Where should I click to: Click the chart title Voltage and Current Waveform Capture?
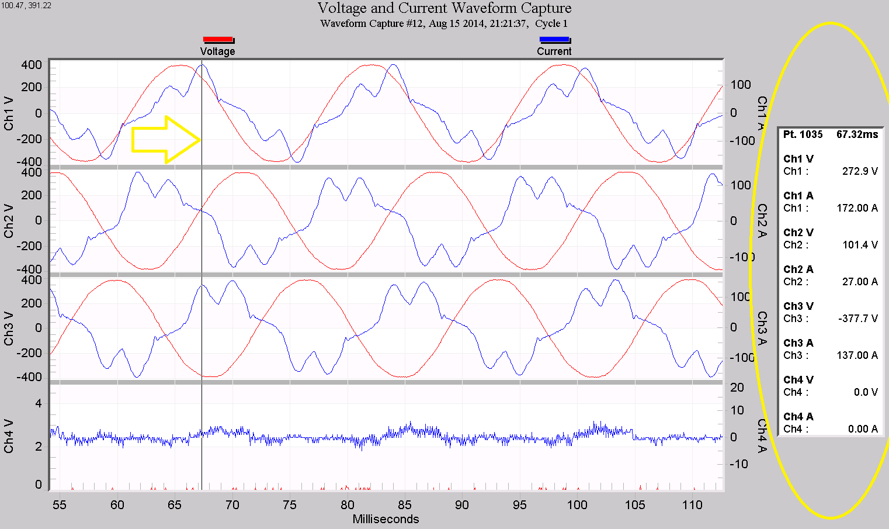[x=444, y=8]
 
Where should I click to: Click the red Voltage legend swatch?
[x=218, y=40]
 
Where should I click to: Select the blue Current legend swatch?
[x=554, y=40]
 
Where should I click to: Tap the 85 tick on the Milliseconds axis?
[x=404, y=505]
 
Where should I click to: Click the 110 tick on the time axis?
[x=692, y=505]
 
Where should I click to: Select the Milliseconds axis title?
[x=386, y=519]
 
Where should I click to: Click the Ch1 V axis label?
[x=9, y=113]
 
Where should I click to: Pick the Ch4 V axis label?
[x=9, y=436]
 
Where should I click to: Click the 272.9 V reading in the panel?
[x=860, y=171]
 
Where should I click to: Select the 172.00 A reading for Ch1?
[x=857, y=208]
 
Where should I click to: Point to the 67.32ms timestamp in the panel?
[x=857, y=134]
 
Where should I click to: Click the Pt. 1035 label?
[x=803, y=134]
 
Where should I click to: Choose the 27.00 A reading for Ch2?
[x=860, y=282]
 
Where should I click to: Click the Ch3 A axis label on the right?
[x=762, y=328]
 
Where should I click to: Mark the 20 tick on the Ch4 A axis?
[x=737, y=388]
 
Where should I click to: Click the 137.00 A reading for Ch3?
[x=857, y=355]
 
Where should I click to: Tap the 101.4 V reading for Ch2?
[x=860, y=245]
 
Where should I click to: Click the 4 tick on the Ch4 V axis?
[x=39, y=403]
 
